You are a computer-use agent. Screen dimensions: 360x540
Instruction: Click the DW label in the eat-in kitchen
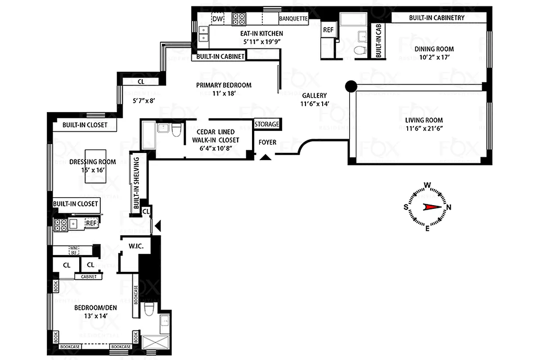click(217, 18)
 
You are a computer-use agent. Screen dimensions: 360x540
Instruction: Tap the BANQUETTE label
click(293, 19)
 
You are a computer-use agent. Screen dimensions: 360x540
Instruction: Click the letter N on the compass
click(449, 207)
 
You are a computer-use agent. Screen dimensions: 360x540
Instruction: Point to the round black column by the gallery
click(351, 86)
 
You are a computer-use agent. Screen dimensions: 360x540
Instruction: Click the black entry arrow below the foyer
click(265, 157)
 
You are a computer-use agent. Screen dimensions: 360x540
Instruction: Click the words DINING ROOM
click(434, 49)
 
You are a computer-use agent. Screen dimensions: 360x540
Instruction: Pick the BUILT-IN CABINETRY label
click(436, 18)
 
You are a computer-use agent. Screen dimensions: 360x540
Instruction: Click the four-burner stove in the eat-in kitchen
click(239, 18)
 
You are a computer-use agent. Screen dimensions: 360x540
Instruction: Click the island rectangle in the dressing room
click(96, 166)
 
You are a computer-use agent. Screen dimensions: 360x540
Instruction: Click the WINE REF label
click(73, 250)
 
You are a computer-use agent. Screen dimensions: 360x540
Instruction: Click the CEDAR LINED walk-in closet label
click(215, 136)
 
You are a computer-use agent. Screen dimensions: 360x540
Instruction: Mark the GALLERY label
click(314, 95)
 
